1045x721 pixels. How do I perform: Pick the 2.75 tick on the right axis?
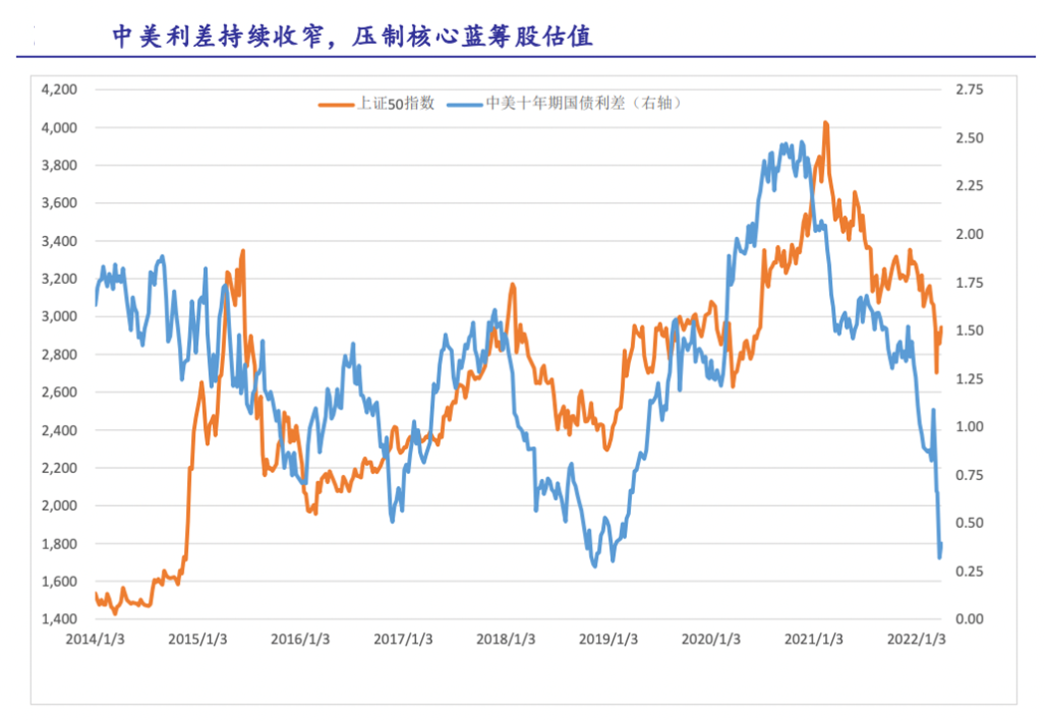click(x=968, y=90)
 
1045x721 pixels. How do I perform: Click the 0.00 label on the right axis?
click(x=968, y=619)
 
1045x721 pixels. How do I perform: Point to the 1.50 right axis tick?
click(x=968, y=331)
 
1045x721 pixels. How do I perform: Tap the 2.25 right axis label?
click(x=968, y=186)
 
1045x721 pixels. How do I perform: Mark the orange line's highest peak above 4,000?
click(x=825, y=122)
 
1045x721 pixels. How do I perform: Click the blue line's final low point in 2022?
click(x=940, y=557)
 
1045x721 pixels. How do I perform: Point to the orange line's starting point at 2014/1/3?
click(x=97, y=594)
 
